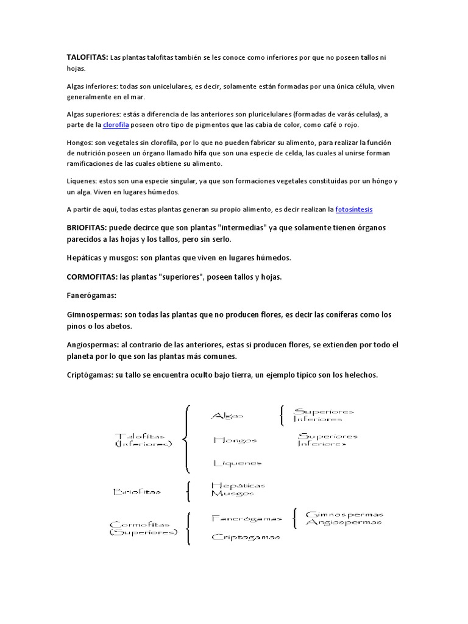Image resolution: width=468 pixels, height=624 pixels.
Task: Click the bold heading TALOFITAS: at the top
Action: point(87,57)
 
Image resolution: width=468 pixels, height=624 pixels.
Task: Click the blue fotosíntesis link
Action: point(353,209)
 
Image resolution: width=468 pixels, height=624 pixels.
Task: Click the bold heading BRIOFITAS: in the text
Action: point(87,227)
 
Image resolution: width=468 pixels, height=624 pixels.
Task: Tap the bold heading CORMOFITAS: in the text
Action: point(92,277)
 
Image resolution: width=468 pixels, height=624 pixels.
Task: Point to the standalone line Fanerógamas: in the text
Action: point(91,296)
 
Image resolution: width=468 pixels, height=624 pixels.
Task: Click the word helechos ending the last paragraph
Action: point(360,375)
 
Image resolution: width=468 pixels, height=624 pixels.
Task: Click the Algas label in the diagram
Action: point(227,416)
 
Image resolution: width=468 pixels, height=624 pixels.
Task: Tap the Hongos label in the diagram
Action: point(235,440)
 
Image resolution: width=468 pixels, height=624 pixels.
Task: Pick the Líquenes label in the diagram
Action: point(237,463)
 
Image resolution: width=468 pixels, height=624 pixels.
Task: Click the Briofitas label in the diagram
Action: point(137,491)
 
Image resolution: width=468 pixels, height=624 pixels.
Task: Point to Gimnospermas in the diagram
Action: point(344,514)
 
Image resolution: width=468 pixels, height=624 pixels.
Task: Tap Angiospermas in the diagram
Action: point(344,522)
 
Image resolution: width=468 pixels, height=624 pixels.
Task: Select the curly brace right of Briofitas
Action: point(188,491)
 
